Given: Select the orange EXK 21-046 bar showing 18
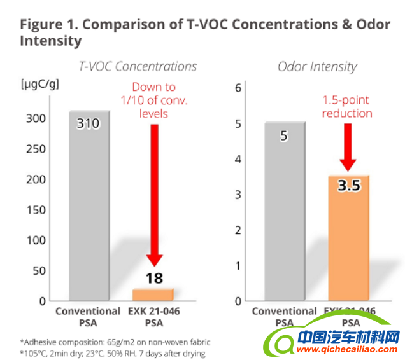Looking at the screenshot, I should pyautogui.click(x=153, y=294).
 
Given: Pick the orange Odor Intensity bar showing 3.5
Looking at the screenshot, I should pyautogui.click(x=348, y=242).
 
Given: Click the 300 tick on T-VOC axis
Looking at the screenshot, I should pyautogui.click(x=36, y=118).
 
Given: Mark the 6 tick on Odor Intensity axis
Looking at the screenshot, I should pyautogui.click(x=239, y=88).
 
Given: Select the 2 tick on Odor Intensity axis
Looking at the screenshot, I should pyautogui.click(x=239, y=230).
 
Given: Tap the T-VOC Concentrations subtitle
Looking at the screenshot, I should pyautogui.click(x=138, y=66).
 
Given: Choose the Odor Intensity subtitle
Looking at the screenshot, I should pyautogui.click(x=316, y=66).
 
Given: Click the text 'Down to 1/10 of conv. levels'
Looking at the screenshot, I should pyautogui.click(x=153, y=100).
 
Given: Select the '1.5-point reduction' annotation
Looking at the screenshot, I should pyautogui.click(x=347, y=107).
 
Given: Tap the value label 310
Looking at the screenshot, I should pyautogui.click(x=89, y=123).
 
